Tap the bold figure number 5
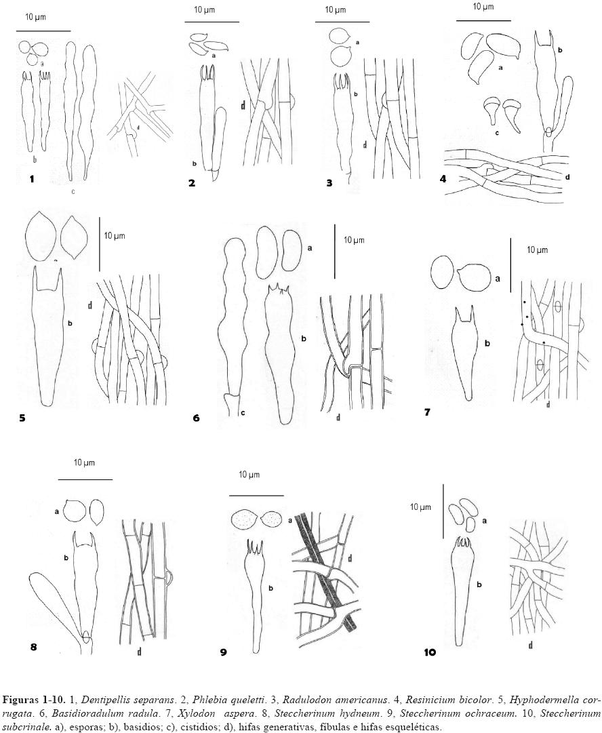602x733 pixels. click(22, 418)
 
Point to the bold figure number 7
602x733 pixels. click(427, 412)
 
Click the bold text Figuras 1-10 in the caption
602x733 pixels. click(30, 699)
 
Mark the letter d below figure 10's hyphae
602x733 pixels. click(529, 645)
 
